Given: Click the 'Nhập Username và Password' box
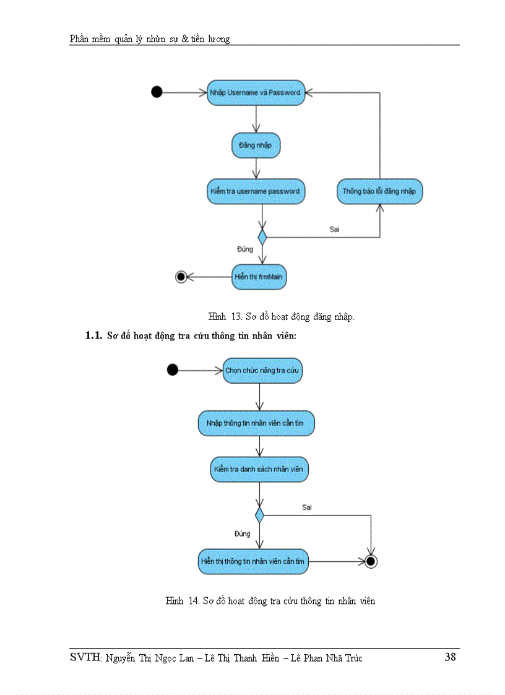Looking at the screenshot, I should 254,92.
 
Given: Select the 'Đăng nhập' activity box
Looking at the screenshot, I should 256,145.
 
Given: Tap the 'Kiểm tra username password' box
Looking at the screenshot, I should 254,191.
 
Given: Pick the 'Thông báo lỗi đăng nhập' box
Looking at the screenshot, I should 379,191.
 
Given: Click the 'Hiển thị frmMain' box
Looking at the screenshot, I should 259,277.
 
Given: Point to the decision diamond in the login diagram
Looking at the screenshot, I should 262,236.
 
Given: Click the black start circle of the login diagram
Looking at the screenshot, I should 157,92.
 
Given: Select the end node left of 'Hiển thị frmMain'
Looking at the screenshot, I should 181,277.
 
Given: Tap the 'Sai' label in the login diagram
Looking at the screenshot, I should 334,228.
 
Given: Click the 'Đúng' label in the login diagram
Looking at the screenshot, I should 245,249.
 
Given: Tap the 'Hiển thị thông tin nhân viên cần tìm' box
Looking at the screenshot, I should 252,561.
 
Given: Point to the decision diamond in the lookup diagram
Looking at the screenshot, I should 259,514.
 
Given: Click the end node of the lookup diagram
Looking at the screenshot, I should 371,561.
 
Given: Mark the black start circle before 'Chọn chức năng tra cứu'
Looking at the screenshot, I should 173,370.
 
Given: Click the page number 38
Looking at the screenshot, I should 450,657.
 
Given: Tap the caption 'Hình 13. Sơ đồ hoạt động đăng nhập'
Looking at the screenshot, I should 281,317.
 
